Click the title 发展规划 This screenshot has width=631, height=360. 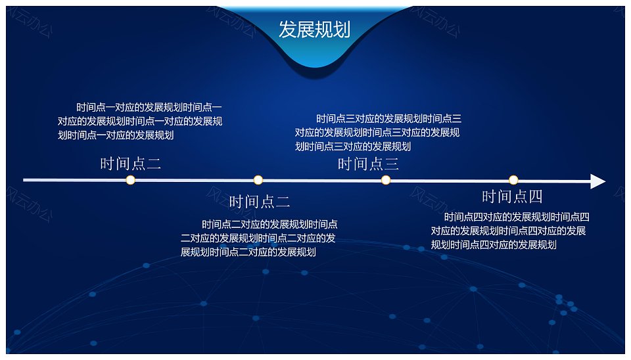[x=314, y=30]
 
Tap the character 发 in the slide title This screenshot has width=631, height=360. [x=287, y=30]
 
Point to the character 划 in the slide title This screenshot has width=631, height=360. [x=342, y=30]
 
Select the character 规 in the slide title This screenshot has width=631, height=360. [x=323, y=30]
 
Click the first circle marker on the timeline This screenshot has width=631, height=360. [x=130, y=180]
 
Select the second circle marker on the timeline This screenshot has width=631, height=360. [x=258, y=180]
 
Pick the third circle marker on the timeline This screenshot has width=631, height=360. [x=386, y=180]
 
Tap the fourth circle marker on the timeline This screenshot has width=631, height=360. [x=513, y=180]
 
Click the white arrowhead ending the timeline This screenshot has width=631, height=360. [x=597, y=181]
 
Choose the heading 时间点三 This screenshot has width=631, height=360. [x=368, y=164]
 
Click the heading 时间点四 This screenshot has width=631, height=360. [x=512, y=196]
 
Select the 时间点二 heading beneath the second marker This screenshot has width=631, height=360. [x=260, y=202]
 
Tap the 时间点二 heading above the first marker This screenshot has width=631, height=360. [x=130, y=164]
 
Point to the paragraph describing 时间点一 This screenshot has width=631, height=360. [x=139, y=121]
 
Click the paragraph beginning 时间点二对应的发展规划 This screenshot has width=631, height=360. [x=259, y=238]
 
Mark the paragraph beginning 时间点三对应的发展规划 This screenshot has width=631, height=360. [x=378, y=132]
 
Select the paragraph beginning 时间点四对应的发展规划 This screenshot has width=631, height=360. [x=510, y=231]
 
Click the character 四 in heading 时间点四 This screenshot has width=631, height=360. [x=535, y=196]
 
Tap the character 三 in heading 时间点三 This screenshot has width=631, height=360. [x=392, y=164]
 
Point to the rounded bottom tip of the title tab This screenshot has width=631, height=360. [x=315, y=66]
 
